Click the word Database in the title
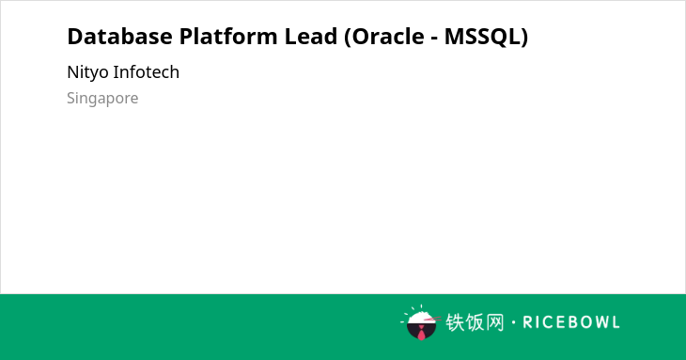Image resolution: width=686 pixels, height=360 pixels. click(x=120, y=37)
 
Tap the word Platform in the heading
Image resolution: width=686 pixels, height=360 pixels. click(x=228, y=37)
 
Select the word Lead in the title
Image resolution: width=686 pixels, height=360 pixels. click(x=311, y=37)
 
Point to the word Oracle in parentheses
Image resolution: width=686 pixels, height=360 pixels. click(x=387, y=37)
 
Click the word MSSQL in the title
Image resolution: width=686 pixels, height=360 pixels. click(x=483, y=37)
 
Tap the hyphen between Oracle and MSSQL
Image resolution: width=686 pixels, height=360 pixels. click(x=434, y=39)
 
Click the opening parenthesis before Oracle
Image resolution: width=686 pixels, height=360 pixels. click(x=348, y=38)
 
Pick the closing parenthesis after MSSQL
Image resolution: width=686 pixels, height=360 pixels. click(x=524, y=38)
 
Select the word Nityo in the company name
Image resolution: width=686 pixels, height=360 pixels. click(x=88, y=72)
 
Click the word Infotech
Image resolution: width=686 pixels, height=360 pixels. click(x=146, y=72)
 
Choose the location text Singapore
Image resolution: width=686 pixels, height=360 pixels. click(x=102, y=99)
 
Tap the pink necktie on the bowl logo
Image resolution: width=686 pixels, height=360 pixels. click(x=421, y=333)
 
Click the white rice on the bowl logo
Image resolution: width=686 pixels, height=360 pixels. click(x=421, y=317)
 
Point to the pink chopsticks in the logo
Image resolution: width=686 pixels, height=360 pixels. click(x=432, y=320)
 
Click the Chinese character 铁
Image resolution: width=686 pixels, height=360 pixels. click(x=455, y=322)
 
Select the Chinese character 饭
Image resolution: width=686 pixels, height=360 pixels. click(x=475, y=322)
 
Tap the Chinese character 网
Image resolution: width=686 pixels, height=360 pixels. click(x=494, y=322)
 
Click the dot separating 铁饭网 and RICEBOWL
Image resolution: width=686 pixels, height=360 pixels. click(x=513, y=322)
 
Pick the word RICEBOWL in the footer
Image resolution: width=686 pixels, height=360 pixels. click(x=571, y=322)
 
